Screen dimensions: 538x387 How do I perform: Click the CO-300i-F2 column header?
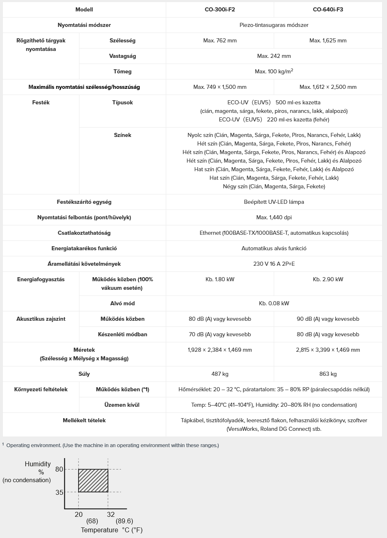tap(220, 9)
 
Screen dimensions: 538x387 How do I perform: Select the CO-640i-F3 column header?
tap(328, 9)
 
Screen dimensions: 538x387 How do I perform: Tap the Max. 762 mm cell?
tap(220, 40)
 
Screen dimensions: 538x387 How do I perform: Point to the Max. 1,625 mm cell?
tap(328, 40)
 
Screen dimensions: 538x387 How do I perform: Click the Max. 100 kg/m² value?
tap(274, 71)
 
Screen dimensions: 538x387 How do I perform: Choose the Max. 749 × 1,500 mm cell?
tap(220, 87)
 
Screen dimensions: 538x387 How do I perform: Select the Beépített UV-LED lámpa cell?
tap(274, 202)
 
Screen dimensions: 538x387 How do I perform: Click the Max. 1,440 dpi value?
tap(274, 217)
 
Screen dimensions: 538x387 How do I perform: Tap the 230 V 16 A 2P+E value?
tap(274, 264)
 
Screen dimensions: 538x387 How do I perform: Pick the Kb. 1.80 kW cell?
tap(220, 279)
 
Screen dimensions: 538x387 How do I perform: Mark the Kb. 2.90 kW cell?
tap(328, 279)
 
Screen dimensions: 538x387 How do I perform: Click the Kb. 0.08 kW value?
tap(274, 303)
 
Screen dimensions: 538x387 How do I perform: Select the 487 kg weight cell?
tap(220, 374)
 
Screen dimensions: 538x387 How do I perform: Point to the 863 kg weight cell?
tap(328, 374)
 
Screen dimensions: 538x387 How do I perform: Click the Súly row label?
tap(84, 374)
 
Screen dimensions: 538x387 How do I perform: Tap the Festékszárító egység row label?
tap(84, 202)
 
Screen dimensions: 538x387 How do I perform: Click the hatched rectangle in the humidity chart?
tap(93, 481)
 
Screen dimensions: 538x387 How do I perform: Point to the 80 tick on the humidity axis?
tap(59, 469)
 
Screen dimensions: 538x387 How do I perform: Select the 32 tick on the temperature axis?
tap(111, 514)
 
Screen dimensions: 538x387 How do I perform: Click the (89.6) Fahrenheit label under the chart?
tap(124, 521)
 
